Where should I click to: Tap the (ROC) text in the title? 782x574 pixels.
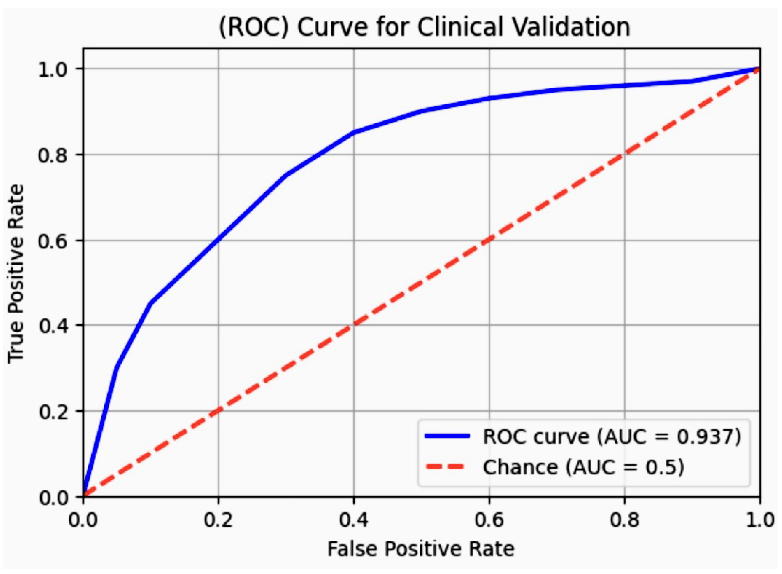(x=253, y=27)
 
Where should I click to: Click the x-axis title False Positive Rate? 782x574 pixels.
(x=421, y=549)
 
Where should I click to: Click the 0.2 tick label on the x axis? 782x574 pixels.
(x=218, y=520)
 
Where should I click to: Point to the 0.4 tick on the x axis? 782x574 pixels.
(x=354, y=520)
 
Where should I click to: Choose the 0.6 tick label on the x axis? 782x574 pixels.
(x=489, y=520)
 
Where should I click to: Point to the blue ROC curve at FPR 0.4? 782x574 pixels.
(x=354, y=132)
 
